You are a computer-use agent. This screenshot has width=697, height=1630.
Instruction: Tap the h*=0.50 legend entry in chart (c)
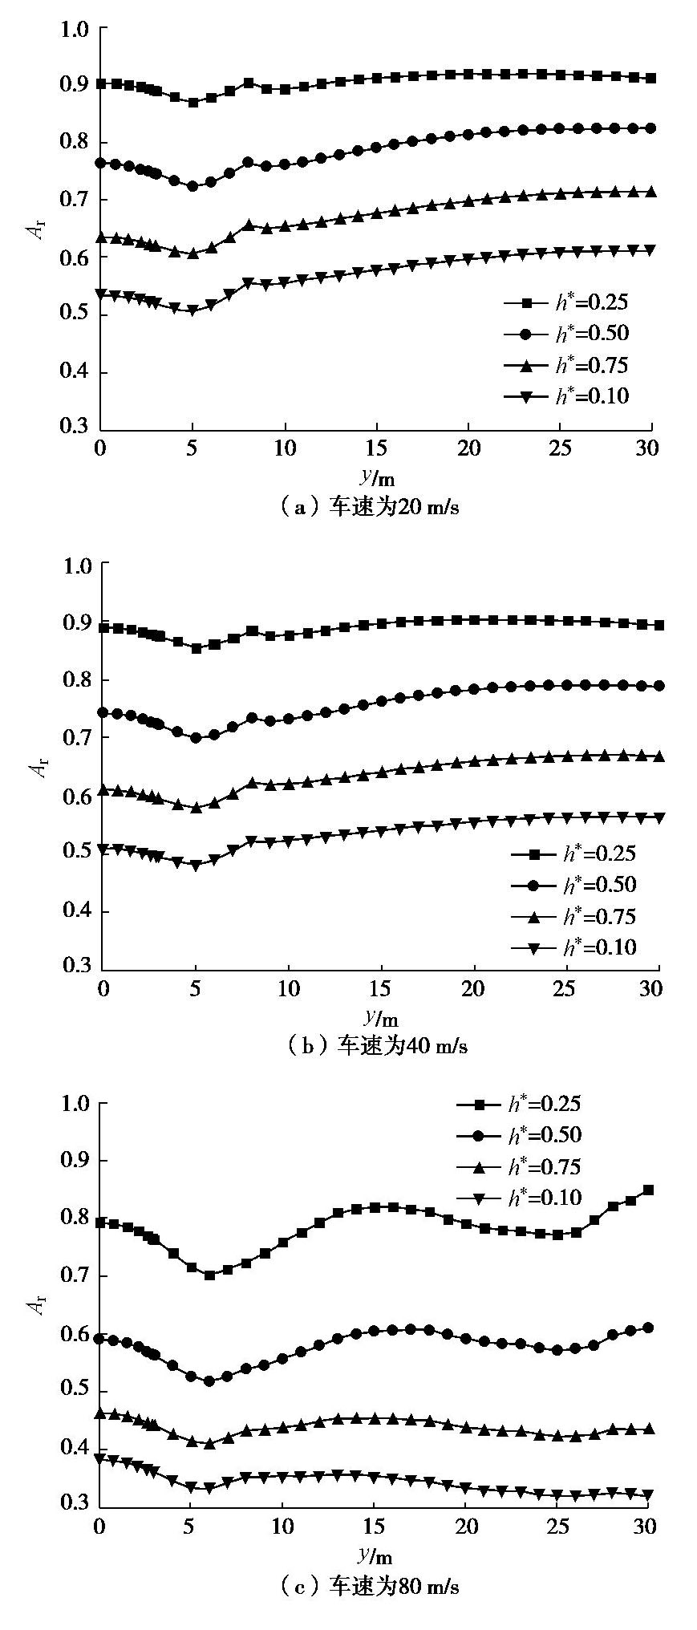click(519, 1135)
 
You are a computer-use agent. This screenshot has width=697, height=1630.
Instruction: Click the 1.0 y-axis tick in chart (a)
click(75, 29)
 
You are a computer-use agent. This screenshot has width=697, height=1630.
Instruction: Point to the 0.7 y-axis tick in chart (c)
click(75, 1275)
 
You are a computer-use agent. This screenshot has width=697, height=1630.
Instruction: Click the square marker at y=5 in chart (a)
click(193, 103)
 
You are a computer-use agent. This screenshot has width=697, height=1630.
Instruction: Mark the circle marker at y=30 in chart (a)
click(650, 128)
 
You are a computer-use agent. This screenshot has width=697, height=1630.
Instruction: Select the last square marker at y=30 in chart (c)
click(649, 1190)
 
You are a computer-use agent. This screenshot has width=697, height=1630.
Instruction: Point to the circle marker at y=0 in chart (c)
click(100, 1338)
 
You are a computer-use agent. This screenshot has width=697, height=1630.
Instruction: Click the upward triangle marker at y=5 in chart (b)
click(195, 808)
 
